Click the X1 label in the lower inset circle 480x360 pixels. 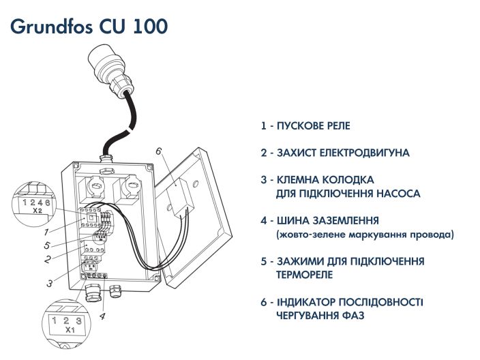[69, 329]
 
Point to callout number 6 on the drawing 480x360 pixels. [158, 151]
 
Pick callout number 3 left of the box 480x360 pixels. [50, 282]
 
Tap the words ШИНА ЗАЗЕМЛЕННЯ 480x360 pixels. [328, 222]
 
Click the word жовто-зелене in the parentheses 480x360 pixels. [308, 235]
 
